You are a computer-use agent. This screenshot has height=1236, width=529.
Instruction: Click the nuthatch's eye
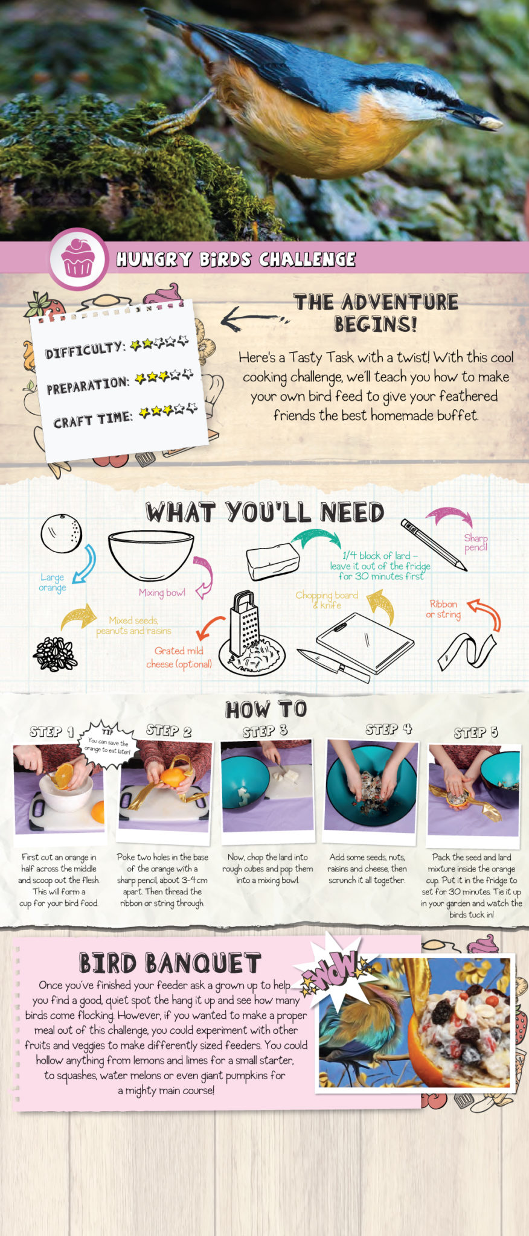(422, 91)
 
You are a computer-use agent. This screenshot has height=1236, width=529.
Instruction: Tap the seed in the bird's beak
(490, 123)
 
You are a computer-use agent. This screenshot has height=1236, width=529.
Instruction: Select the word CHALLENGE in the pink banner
(307, 260)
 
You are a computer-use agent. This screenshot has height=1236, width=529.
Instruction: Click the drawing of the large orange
(61, 533)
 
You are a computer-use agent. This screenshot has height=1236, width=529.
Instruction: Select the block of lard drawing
(272, 561)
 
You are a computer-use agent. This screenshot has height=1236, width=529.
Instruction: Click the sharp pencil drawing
(434, 544)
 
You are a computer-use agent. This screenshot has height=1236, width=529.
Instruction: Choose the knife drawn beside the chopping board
(333, 666)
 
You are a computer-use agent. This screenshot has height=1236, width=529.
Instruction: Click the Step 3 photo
(268, 787)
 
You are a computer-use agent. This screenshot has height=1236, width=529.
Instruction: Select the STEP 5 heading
(476, 733)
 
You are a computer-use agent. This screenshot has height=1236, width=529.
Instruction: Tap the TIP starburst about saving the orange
(109, 744)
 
